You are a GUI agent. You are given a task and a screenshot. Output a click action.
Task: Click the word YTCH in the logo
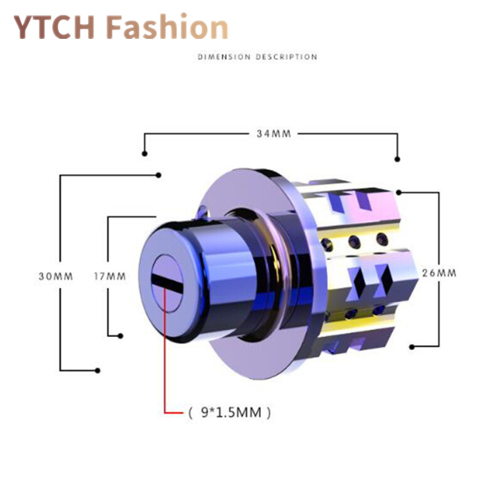(54, 27)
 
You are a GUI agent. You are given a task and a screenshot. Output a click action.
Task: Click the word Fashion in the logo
(167, 26)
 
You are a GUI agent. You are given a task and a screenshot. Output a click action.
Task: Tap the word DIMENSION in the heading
(224, 57)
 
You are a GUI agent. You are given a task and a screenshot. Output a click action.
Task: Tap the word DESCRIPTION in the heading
(287, 57)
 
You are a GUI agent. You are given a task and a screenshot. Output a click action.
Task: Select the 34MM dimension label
(274, 134)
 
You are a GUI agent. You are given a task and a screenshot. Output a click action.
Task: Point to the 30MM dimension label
(56, 276)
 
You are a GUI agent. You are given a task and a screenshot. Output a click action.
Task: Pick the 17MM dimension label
(110, 276)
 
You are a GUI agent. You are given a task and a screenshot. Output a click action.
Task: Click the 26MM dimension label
(439, 273)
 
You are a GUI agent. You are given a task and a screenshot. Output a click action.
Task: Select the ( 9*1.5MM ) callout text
(230, 412)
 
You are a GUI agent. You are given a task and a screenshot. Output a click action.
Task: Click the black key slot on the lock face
(167, 282)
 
